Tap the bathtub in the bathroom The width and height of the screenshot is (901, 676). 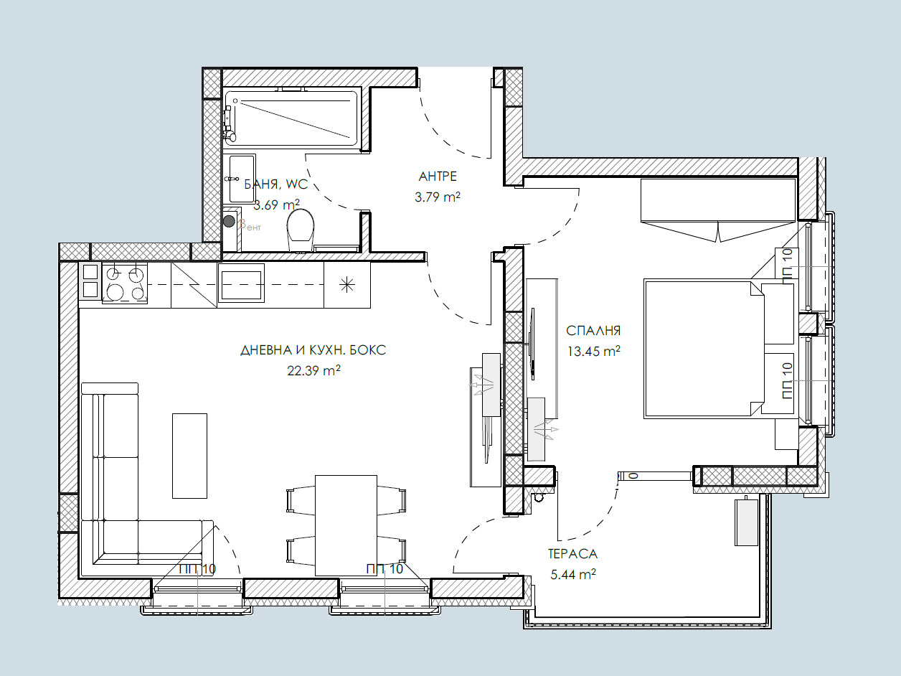291,118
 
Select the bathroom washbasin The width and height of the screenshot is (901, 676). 242,179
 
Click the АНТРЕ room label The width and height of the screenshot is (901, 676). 438,177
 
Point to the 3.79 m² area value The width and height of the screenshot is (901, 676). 438,197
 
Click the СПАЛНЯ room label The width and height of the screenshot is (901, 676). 593,330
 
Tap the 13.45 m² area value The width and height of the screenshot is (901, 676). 593,352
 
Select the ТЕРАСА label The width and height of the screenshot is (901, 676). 572,554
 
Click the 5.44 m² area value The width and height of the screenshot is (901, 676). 573,575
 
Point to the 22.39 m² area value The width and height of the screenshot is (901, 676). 313,370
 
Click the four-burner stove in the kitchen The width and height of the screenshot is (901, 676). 125,283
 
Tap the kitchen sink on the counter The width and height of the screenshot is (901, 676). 241,283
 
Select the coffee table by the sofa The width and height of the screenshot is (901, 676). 189,456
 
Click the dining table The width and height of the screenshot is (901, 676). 346,525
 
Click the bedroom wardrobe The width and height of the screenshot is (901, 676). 718,200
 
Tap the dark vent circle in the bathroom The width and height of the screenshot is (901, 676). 229,222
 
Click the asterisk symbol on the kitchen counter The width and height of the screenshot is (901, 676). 347,284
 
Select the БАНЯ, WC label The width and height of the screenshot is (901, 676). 276,184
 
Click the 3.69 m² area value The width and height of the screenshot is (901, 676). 276,205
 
